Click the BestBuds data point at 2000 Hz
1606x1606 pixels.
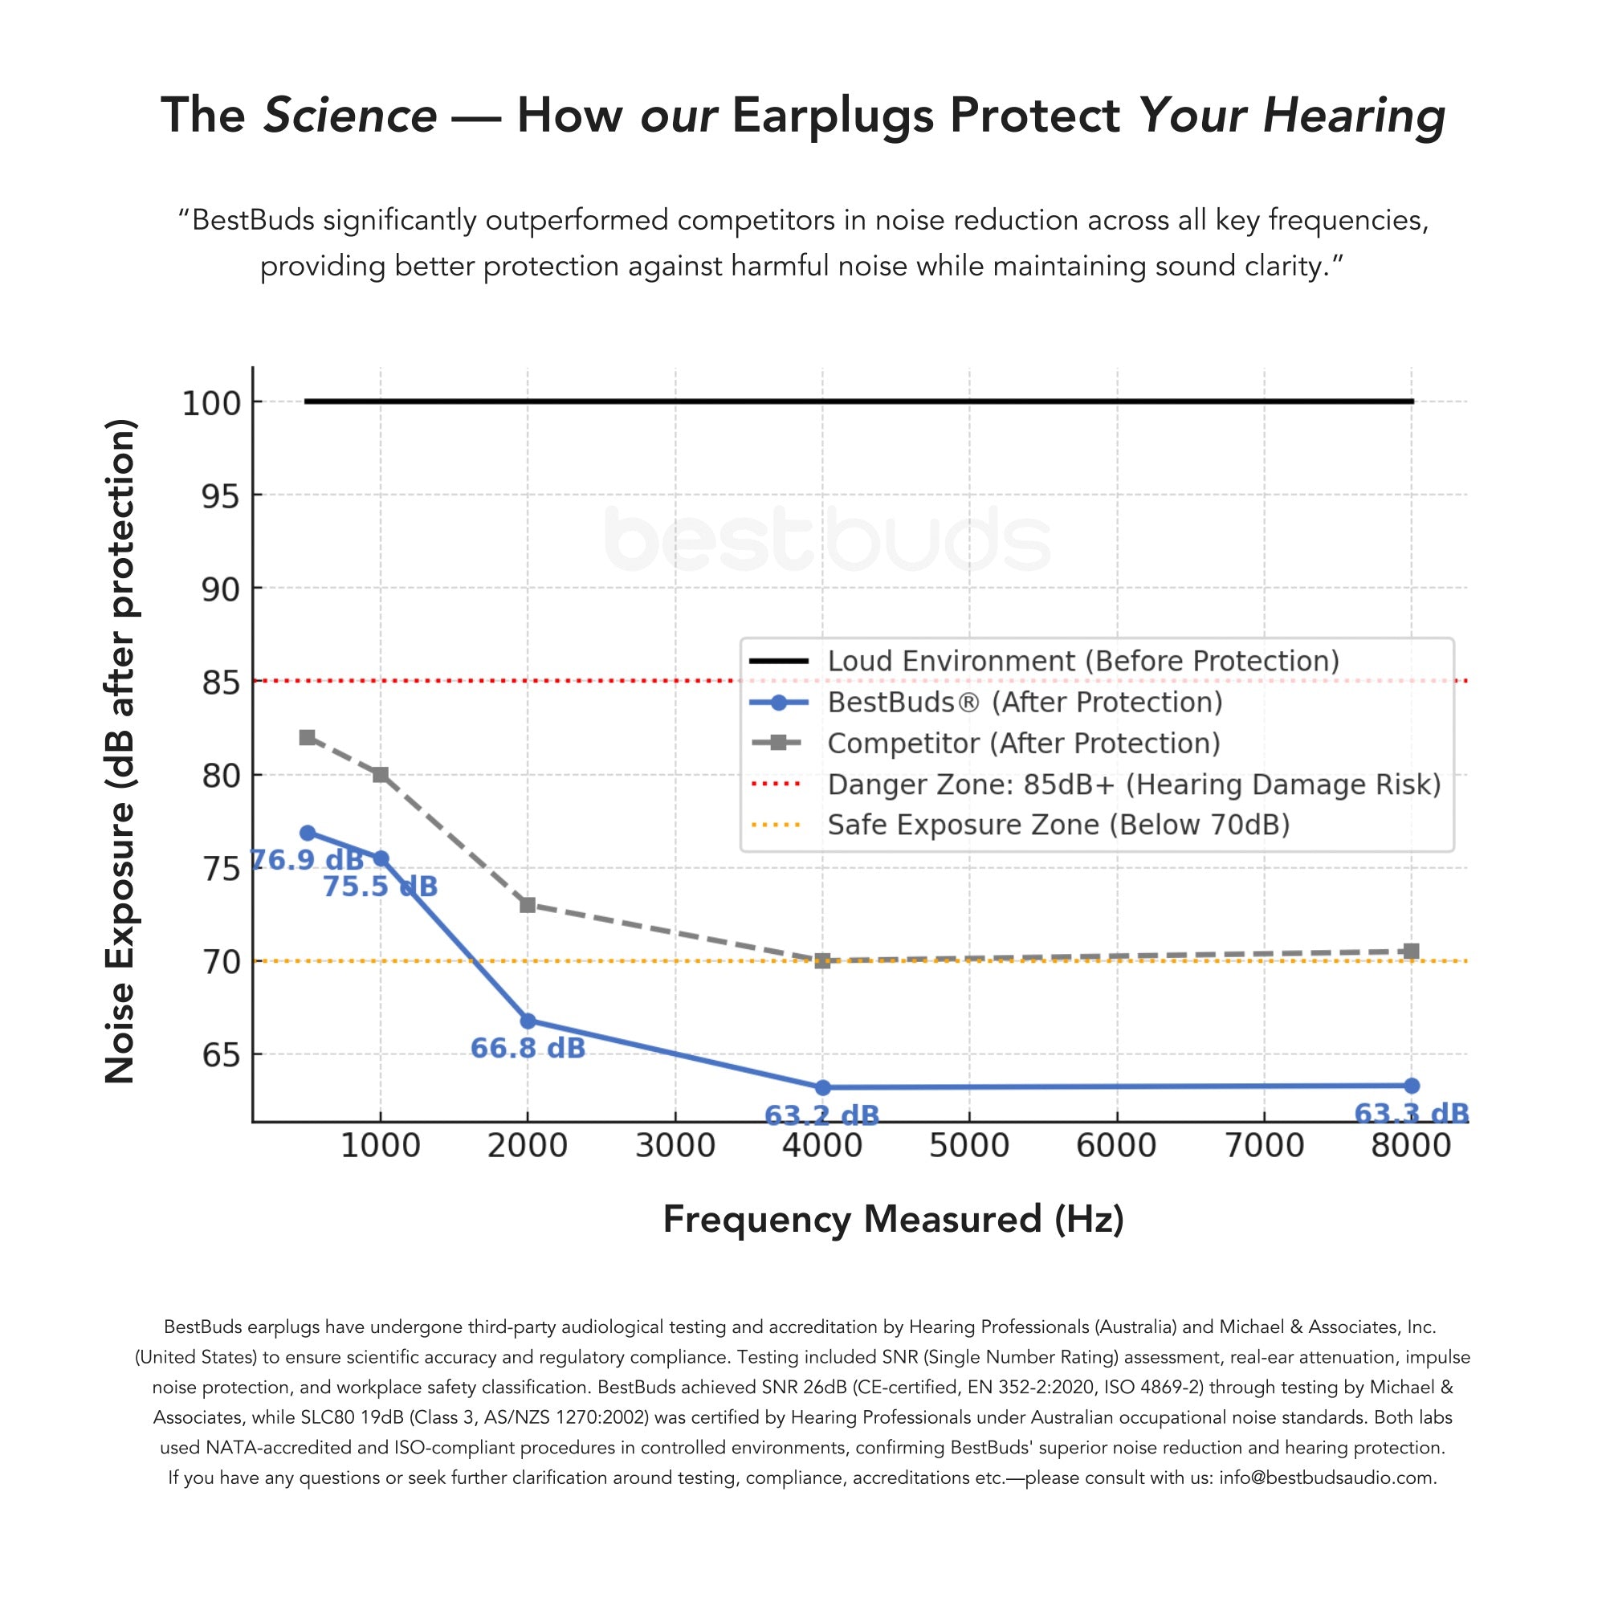(x=528, y=1021)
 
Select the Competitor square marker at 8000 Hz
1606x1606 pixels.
(x=1411, y=951)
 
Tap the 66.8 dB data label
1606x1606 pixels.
(x=528, y=1048)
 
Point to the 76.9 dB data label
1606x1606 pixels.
(x=307, y=859)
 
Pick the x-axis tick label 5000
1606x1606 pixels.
(x=968, y=1146)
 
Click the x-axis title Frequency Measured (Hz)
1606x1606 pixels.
(x=893, y=1220)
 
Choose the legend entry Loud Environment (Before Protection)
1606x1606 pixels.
(x=1082, y=661)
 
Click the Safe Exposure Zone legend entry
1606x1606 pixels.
(x=1058, y=825)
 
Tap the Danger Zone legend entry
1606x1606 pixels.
(x=1133, y=784)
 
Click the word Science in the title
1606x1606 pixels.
(x=350, y=115)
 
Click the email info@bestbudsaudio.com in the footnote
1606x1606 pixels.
(x=1327, y=1478)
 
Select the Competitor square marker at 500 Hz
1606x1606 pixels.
(x=308, y=737)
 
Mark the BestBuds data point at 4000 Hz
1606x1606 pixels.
(x=823, y=1087)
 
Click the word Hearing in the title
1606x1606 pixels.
(x=1354, y=115)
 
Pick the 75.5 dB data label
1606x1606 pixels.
(x=380, y=887)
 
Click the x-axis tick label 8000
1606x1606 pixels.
(x=1411, y=1146)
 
